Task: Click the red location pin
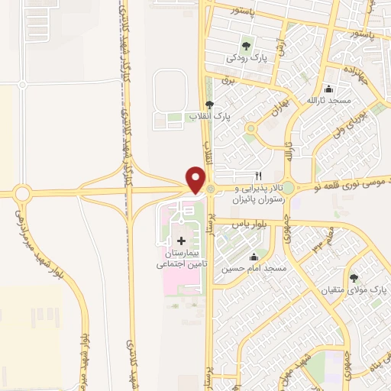pyautogui.click(x=195, y=180)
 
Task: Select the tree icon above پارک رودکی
pyautogui.click(x=245, y=45)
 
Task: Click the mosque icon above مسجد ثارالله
pyautogui.click(x=328, y=89)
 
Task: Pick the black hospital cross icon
pyautogui.click(x=180, y=241)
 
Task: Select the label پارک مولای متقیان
pyautogui.click(x=354, y=290)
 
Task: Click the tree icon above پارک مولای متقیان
pyautogui.click(x=354, y=278)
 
